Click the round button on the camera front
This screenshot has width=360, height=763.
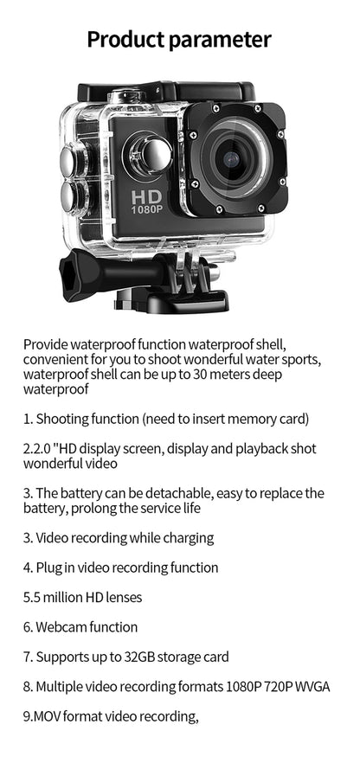point(151,153)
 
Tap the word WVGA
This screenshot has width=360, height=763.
point(313,687)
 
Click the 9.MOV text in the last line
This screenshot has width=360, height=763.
point(41,716)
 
